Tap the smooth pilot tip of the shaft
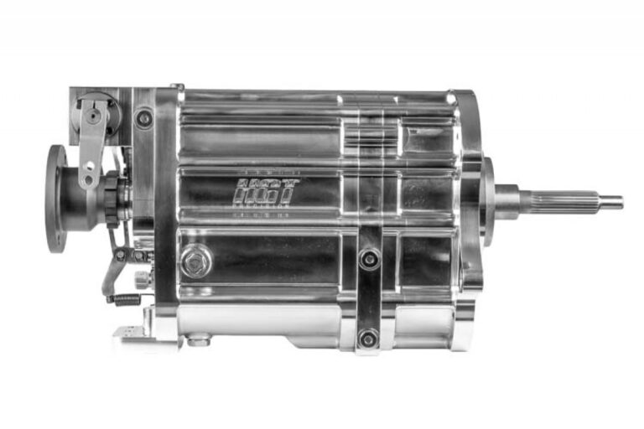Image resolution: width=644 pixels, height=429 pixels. pos(610,202)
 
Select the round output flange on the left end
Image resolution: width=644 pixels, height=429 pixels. pos(56,199)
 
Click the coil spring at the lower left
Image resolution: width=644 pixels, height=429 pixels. pos(126,297)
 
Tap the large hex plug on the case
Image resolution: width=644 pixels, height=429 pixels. pos(195,261)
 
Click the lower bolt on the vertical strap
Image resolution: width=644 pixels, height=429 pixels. pos(367,338)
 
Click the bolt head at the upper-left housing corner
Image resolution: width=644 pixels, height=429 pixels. pos(144,118)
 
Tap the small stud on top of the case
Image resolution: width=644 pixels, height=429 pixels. pos(178,85)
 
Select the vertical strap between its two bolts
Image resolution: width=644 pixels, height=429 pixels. pos(369,298)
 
